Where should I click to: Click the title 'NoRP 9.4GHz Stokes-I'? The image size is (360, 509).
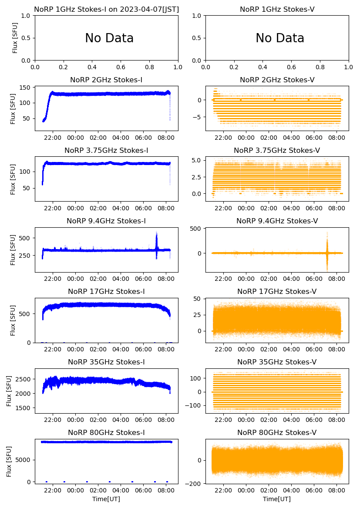106,221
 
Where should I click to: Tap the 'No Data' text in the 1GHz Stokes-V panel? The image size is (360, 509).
280,38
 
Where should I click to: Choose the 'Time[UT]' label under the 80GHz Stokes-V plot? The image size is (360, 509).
277,499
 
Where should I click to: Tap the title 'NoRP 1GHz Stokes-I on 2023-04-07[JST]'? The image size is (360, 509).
106,9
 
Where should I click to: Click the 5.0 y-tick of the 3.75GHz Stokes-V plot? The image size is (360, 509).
195,160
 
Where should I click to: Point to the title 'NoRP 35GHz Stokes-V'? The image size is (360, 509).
277,362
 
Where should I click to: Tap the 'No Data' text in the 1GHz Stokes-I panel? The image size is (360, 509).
109,38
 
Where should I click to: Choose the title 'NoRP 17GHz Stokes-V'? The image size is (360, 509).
277,291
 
